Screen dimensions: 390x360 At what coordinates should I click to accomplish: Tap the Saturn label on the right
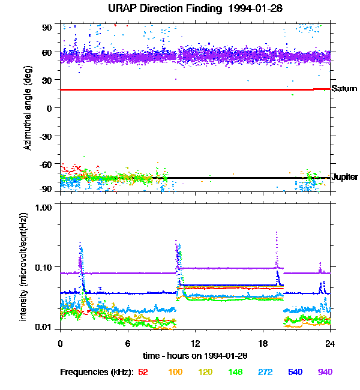[x=344, y=89]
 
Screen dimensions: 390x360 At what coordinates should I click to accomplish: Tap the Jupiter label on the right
[x=344, y=177]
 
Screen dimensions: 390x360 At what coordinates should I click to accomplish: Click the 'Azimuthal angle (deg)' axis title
[x=28, y=108]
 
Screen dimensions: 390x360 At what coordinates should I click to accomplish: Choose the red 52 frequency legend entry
[x=143, y=373]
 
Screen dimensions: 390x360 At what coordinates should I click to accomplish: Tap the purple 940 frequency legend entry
[x=325, y=373]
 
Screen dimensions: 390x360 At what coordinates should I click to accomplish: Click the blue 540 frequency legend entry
[x=295, y=373]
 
